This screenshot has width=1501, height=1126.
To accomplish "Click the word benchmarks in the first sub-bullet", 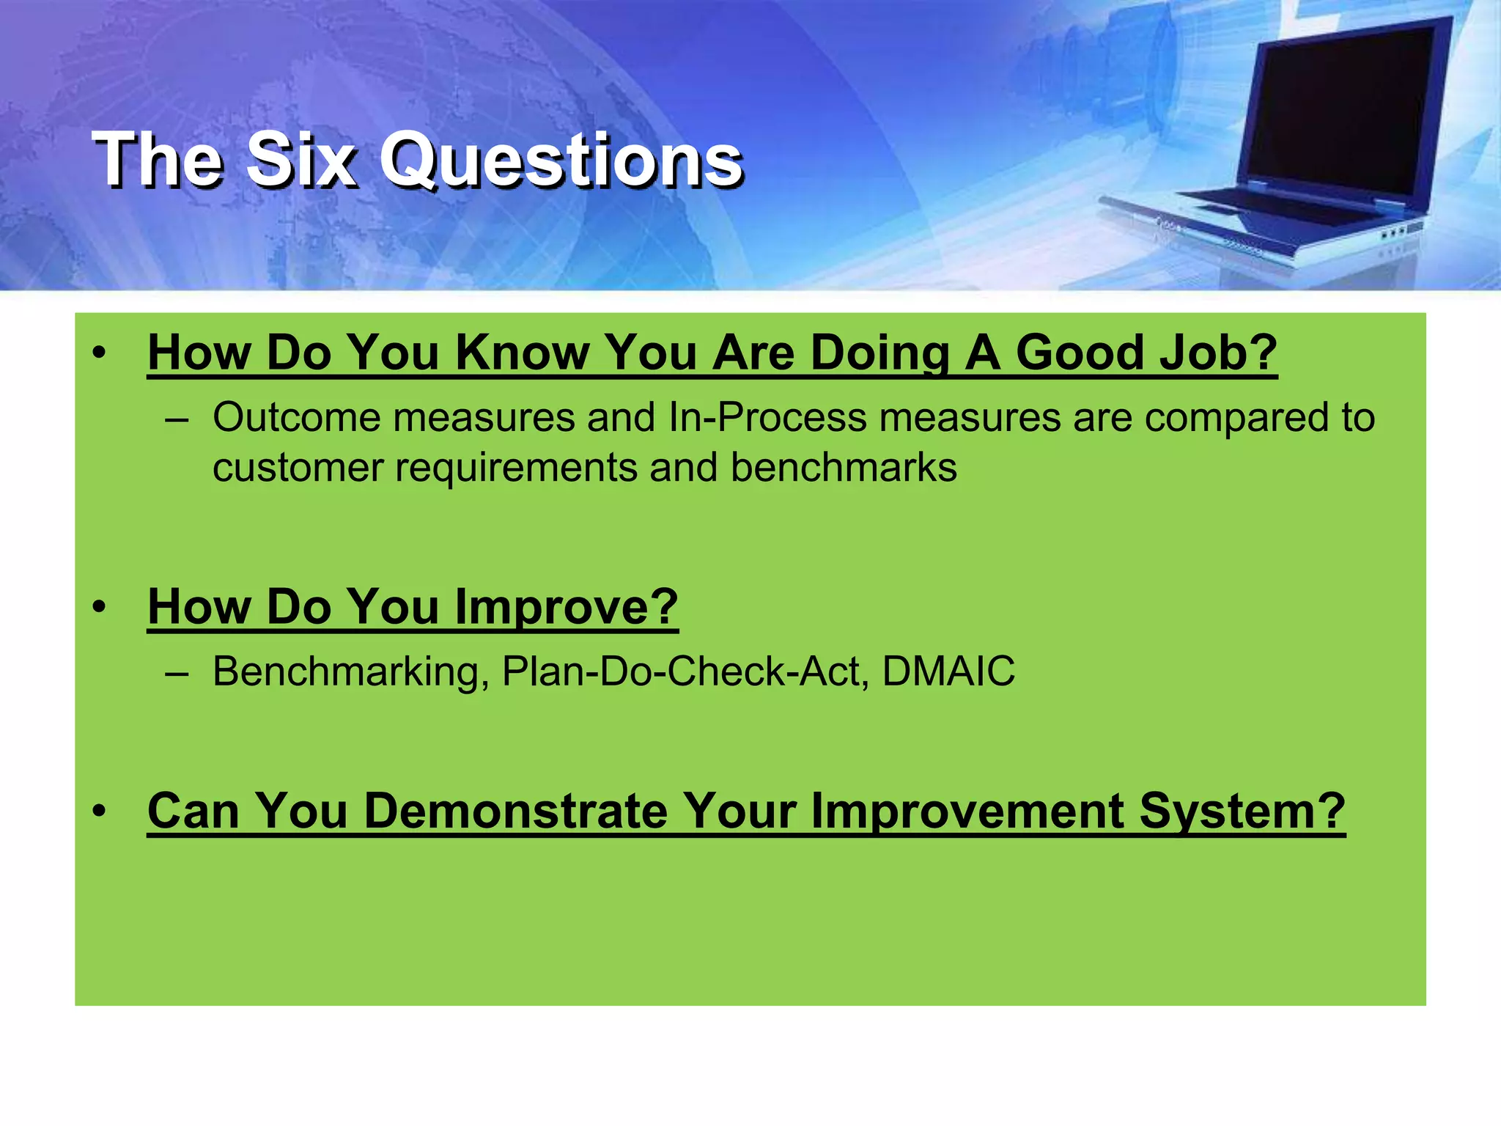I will pyautogui.click(x=844, y=468).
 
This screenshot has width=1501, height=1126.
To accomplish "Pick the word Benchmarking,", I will pyautogui.click(x=351, y=671).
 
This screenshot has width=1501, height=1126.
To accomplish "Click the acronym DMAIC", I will pyautogui.click(x=948, y=671).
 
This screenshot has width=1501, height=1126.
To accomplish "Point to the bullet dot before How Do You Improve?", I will pyautogui.click(x=100, y=607).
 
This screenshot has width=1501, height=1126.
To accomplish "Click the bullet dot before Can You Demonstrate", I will pyautogui.click(x=100, y=811).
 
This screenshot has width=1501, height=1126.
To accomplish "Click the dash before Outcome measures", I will pyautogui.click(x=177, y=420).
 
